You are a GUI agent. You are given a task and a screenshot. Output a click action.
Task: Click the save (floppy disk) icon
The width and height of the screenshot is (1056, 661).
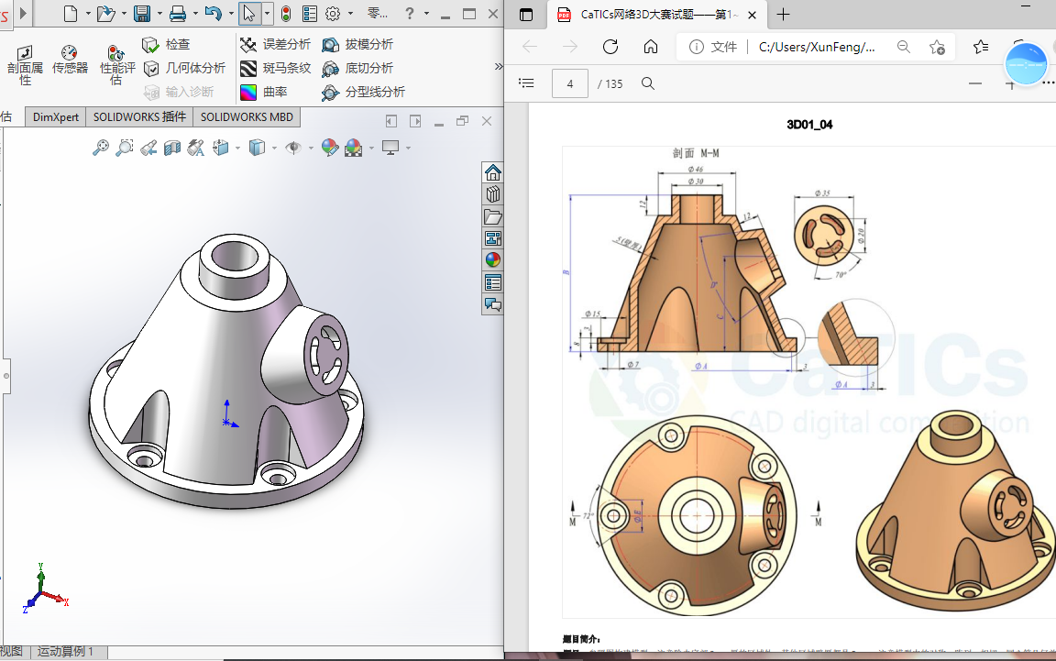click(x=142, y=14)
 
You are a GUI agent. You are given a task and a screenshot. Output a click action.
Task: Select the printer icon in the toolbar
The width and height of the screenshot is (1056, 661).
click(x=178, y=14)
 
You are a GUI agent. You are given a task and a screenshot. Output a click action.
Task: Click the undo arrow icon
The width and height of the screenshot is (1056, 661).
click(x=213, y=14)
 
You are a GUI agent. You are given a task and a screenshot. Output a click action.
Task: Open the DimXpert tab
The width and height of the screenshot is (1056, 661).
click(x=56, y=117)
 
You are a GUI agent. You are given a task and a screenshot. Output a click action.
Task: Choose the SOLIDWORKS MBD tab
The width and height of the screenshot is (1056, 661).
click(x=247, y=117)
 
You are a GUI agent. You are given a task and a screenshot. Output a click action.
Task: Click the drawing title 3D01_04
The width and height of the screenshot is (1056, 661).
click(x=809, y=125)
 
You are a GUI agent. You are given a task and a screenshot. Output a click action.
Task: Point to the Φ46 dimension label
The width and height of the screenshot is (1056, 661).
click(x=695, y=170)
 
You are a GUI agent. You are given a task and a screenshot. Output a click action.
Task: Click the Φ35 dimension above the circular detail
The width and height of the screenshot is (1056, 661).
click(x=821, y=193)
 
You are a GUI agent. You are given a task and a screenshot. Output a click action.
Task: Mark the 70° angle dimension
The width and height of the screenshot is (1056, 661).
click(x=841, y=275)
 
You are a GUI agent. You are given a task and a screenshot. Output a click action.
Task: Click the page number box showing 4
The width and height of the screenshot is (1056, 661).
click(x=570, y=83)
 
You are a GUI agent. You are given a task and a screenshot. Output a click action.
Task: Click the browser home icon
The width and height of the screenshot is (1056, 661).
click(x=651, y=47)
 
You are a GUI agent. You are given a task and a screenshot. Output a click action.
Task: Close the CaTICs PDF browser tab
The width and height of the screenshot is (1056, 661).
click(x=752, y=15)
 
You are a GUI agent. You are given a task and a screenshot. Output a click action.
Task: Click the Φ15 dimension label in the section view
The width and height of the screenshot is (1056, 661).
click(x=592, y=314)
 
